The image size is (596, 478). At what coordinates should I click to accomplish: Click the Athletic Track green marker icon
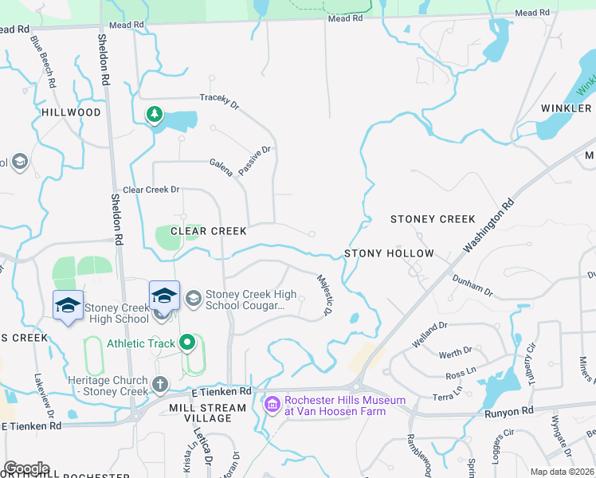pos(187,343)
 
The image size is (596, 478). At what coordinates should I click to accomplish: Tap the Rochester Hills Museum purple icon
pos(272,406)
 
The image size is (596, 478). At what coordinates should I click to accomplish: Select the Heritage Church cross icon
pos(159,385)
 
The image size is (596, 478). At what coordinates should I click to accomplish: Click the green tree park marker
pos(154,115)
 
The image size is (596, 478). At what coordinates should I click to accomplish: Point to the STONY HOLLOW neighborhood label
pos(389,253)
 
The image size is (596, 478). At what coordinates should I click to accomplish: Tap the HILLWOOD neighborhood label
pos(71,112)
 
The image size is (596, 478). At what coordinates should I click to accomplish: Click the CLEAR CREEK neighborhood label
pos(210,231)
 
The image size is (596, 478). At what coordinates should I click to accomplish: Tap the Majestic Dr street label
pos(323,296)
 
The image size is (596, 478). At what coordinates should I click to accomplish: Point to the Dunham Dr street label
pos(473,286)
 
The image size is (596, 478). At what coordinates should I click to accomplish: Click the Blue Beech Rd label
pos(44,61)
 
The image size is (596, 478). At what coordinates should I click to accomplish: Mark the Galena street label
pos(222,167)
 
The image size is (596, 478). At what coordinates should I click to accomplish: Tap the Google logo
pos(26,468)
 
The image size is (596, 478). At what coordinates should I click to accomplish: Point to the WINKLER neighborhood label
pos(567,108)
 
